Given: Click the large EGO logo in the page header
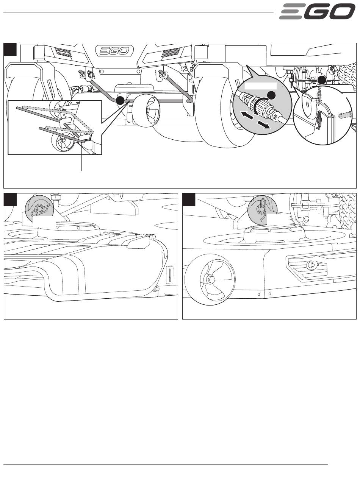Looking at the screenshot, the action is pos(317,11).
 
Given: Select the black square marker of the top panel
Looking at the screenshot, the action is pos(10,49).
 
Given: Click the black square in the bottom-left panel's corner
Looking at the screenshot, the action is pos(10,200).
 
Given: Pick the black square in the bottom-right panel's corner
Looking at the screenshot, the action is pos(189,200).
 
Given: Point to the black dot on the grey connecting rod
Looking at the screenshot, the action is pos(120,100).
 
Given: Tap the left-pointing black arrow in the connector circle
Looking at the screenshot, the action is pos(246,115).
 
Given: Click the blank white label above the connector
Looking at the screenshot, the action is pos(260,86).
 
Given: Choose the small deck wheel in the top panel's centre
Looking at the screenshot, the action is pos(146,110).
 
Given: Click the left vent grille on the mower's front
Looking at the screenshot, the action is pos(63,52).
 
